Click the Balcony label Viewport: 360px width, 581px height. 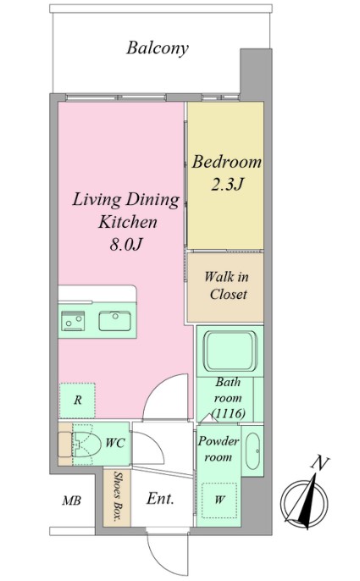point(158,48)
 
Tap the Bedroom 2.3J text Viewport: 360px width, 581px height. point(226,173)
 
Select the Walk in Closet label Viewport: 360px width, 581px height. point(226,285)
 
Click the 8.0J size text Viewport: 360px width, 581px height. point(125,244)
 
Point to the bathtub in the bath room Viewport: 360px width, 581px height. point(230,351)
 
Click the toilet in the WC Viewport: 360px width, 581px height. point(86,443)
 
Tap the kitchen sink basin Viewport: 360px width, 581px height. point(114,321)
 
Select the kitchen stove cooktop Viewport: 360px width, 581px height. point(73,320)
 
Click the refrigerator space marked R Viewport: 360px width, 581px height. point(77,400)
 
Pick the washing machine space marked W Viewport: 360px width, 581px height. point(219,500)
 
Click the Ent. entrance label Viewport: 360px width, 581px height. point(160,498)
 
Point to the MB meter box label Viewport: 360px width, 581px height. point(71,501)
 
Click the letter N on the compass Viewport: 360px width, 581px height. point(319,463)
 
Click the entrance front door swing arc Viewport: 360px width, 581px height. point(152,556)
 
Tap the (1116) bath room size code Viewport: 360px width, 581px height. point(229,413)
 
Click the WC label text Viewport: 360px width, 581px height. point(115,443)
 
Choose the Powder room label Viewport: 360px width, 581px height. point(219,449)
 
